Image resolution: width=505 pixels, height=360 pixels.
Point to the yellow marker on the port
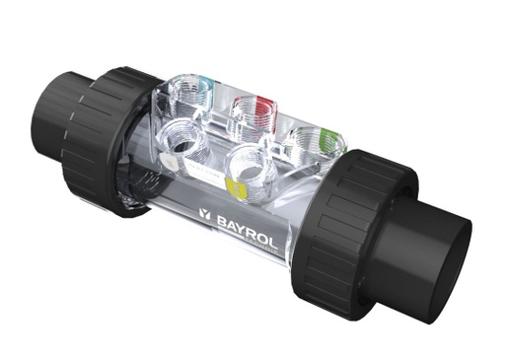233,183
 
